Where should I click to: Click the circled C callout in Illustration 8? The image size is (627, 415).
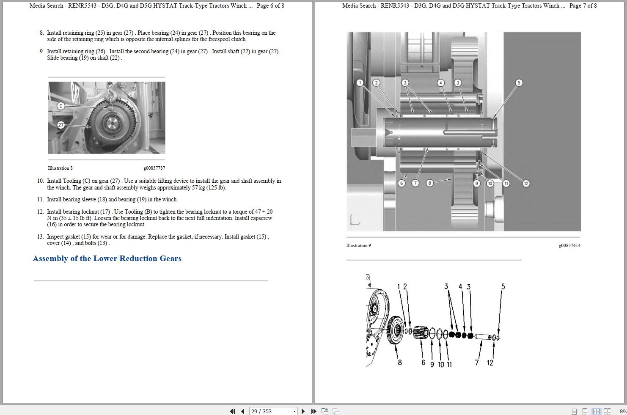(61, 106)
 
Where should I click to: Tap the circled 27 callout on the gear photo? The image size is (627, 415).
(61, 125)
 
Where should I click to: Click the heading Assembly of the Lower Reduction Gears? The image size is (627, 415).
(107, 258)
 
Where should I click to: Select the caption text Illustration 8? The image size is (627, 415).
(60, 168)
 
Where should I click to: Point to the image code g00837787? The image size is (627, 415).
(154, 168)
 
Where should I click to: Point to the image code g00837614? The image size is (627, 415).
(569, 245)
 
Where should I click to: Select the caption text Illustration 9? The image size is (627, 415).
(358, 245)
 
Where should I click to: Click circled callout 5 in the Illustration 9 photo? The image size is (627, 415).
(519, 82)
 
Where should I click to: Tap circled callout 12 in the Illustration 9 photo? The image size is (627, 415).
(526, 183)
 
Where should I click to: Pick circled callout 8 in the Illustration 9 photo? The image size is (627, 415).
(429, 183)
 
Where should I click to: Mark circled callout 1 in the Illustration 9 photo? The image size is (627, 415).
(360, 82)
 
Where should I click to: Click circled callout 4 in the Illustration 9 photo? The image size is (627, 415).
(441, 82)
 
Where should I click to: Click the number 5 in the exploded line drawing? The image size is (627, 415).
(503, 286)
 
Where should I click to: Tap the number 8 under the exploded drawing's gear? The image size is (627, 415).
(399, 363)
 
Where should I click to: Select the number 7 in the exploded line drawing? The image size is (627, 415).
(477, 363)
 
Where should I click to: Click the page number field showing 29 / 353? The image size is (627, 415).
(271, 411)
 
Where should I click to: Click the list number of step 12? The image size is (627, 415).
(40, 212)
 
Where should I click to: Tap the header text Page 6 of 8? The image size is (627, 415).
(270, 5)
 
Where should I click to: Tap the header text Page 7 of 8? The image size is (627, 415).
(583, 5)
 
